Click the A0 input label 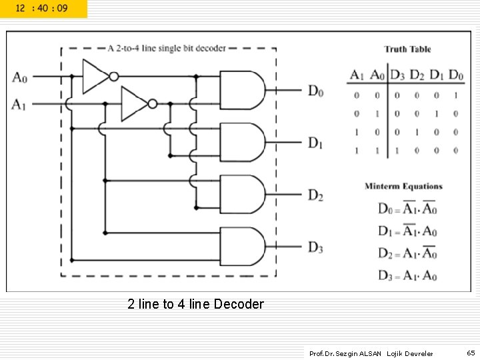(x=19, y=77)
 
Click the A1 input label (x=19, y=104)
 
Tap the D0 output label (x=315, y=91)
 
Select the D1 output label (x=315, y=143)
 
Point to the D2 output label (x=315, y=195)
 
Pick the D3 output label (x=315, y=248)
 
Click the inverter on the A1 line (x=137, y=104)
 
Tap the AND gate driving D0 (x=242, y=90)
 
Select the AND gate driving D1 (x=242, y=142)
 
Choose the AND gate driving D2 (x=242, y=195)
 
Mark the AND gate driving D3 (x=242, y=247)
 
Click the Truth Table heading (x=407, y=49)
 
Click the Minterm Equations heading (x=403, y=186)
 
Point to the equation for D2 (x=407, y=253)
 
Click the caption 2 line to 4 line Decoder (x=195, y=305)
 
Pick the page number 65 (x=470, y=353)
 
